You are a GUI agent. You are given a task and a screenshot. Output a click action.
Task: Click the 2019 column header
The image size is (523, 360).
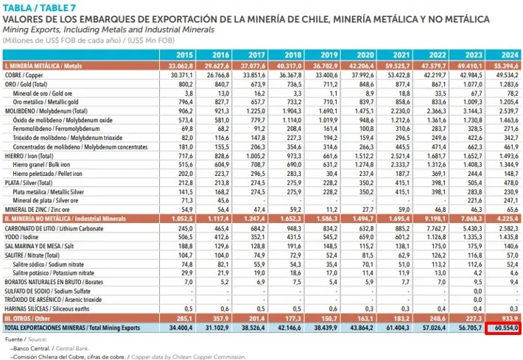pos(329,55)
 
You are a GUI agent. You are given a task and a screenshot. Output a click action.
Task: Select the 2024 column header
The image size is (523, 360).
pos(510,55)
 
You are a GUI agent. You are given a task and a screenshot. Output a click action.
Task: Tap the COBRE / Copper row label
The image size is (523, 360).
pos(24,75)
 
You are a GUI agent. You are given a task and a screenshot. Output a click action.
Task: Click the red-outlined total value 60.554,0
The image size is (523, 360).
pos(503,328)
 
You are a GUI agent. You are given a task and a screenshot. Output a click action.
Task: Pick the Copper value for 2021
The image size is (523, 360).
pos(399,75)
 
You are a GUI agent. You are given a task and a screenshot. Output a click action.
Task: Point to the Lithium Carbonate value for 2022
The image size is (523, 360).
pos(435,228)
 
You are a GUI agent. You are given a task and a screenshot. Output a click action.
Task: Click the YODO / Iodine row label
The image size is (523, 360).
pos(21,237)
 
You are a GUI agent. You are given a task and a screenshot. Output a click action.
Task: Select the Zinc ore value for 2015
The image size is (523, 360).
pos(187,210)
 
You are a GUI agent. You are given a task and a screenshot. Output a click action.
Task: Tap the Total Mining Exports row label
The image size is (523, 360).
pos(72,328)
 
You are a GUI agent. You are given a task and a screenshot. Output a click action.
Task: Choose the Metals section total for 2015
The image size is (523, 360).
pos(180,66)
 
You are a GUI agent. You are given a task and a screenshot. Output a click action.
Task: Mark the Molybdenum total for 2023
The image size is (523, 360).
pos(471,111)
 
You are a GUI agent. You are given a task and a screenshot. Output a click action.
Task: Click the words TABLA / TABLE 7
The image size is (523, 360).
pos(39,7)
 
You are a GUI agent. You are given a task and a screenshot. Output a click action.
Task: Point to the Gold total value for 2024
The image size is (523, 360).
pos(508,85)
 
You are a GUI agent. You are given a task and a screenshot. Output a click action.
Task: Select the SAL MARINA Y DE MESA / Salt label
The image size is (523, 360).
pos(39,246)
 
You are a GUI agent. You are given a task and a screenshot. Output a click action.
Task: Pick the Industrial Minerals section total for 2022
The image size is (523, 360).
pos(433,219)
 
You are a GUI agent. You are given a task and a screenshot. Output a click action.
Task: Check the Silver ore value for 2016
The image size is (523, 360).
pos(222,200)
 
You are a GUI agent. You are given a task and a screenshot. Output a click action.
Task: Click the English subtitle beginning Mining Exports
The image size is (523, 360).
pos(108,29)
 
